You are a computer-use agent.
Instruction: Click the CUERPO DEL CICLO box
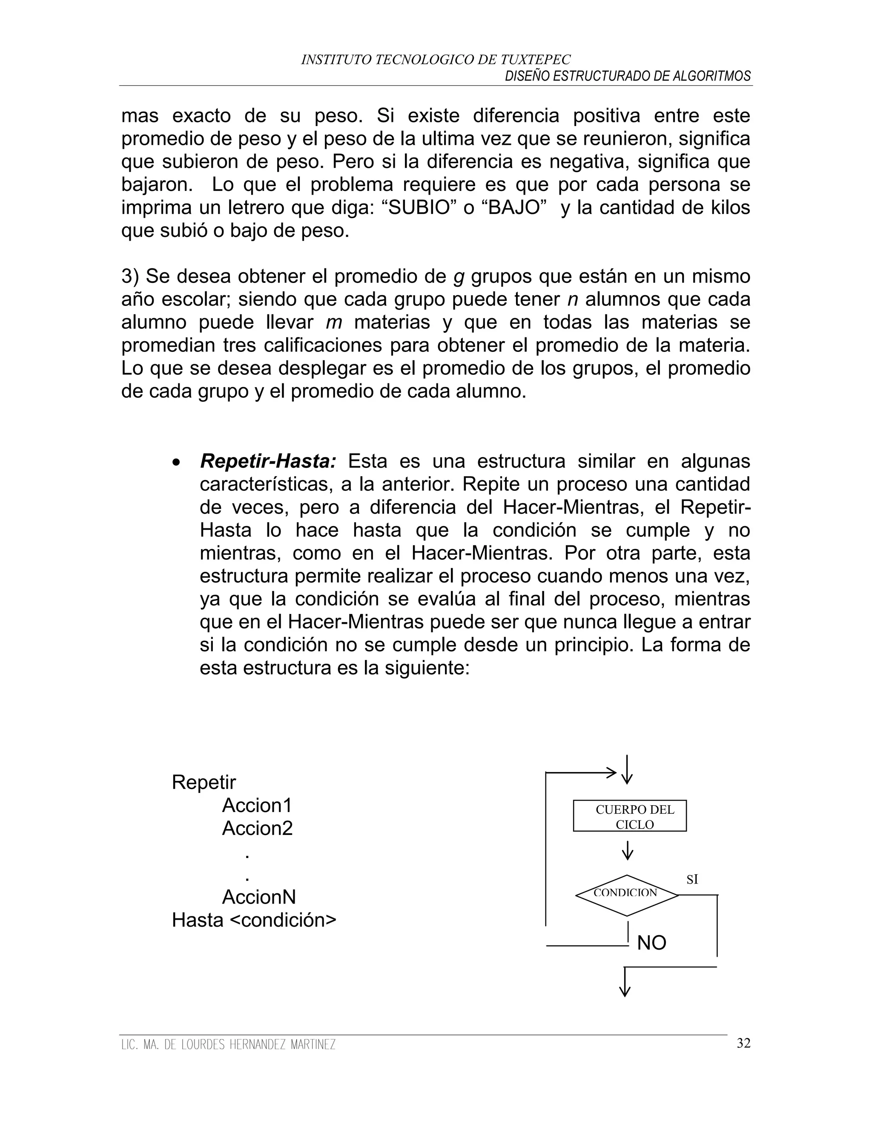point(630,816)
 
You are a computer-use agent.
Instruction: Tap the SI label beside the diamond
point(692,879)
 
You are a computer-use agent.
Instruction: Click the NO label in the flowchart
point(651,943)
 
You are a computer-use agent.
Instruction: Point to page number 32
point(743,1043)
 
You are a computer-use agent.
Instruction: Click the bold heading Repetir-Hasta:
point(268,461)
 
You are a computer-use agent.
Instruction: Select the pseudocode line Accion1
point(257,805)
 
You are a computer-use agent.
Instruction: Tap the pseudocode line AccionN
point(259,897)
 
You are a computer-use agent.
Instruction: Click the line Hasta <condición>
point(254,920)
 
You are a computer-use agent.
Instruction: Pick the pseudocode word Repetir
point(204,782)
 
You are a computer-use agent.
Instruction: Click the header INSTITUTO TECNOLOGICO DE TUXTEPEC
point(436,60)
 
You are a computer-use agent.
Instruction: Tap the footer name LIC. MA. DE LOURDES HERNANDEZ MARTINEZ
point(228,1045)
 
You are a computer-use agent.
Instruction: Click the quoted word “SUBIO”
point(419,208)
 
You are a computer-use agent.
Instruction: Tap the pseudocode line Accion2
point(257,828)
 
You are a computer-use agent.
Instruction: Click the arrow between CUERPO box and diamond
point(628,850)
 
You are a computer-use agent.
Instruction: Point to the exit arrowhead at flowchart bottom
point(625,991)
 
